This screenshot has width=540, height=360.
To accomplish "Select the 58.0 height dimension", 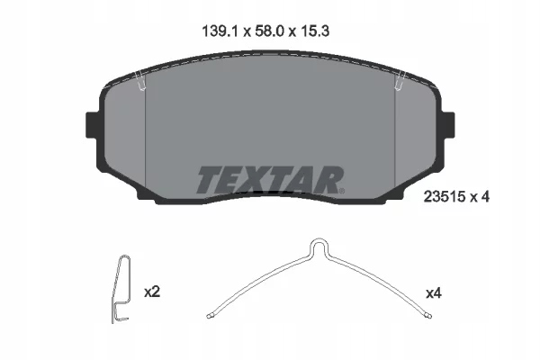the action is pos(270,31).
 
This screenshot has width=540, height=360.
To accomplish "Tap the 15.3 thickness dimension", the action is pos(315,31).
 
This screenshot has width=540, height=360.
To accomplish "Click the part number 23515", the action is pos(445,197).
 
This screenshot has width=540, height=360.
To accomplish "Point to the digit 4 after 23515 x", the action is pos(485,197).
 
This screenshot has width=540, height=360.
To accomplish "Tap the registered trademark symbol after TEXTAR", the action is pos(342,191).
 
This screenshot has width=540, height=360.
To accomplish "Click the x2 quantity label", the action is pos(152,292).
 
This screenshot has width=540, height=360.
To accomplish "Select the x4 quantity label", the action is pos(434,293).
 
